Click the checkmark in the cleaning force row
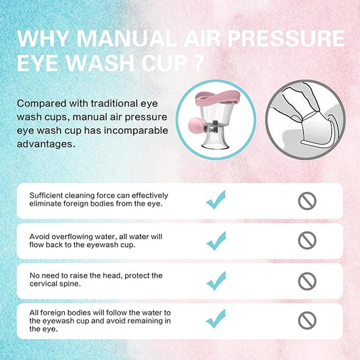(x=215, y=199)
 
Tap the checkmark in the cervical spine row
(x=215, y=280)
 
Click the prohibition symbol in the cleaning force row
(x=307, y=200)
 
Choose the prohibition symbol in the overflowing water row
(x=307, y=239)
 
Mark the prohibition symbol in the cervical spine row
(x=307, y=280)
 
